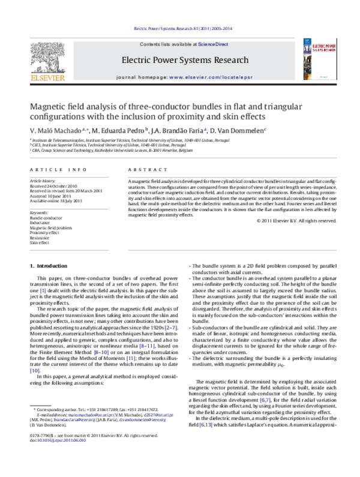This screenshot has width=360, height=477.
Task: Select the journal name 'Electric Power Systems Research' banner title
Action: (185, 61)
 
